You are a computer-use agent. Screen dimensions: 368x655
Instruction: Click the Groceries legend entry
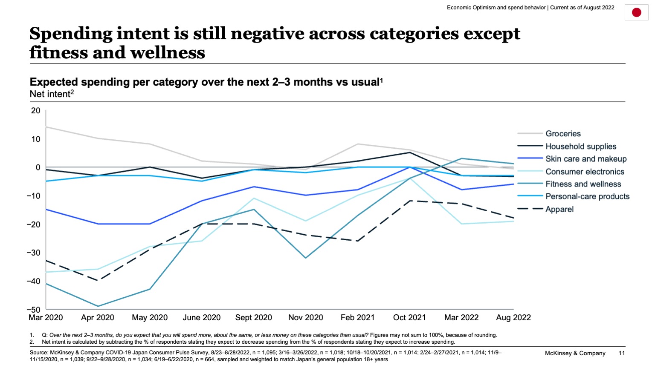point(563,134)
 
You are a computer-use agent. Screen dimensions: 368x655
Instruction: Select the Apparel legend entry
point(559,209)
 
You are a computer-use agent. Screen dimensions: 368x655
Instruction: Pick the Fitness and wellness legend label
point(583,184)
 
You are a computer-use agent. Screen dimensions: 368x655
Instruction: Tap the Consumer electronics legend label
point(585,172)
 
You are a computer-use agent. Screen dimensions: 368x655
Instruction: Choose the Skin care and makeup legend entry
point(586,159)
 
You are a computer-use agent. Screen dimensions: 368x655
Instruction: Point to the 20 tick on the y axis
point(36,111)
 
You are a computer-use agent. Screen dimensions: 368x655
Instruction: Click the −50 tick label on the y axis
point(33,310)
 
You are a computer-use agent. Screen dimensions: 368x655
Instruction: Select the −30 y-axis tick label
point(33,253)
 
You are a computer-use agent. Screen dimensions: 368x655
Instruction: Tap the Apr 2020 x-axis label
point(98,318)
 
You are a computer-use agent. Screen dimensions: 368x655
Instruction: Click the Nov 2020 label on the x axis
point(306,318)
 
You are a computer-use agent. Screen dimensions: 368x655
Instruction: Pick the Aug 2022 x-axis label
point(513,318)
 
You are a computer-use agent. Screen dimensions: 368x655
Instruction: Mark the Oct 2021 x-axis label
point(409,318)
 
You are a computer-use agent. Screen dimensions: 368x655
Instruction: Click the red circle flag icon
point(636,12)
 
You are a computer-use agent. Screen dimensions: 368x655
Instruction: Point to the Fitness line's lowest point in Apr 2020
point(98,306)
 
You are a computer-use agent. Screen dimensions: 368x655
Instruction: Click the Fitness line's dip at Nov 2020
point(306,258)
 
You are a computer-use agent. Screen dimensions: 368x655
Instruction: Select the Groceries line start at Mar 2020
point(46,127)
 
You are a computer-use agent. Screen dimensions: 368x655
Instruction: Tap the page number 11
point(621,353)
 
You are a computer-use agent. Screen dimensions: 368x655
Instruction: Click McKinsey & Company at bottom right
point(575,353)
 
